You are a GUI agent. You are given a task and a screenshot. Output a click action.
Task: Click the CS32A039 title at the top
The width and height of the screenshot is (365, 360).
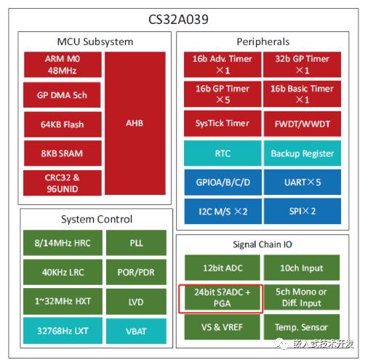[178, 20]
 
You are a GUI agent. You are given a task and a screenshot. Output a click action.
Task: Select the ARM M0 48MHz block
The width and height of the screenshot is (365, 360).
[63, 65]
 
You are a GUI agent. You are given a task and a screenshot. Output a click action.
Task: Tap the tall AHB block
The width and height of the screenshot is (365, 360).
[135, 123]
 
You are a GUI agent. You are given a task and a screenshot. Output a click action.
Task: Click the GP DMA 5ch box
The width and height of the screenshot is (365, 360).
[62, 95]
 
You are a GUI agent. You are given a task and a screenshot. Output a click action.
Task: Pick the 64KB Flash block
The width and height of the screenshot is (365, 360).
[63, 124]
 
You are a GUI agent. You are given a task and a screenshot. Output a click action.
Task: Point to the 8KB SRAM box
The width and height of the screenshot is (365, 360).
[63, 153]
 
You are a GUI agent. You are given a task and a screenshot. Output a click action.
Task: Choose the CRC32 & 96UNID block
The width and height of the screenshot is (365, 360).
[63, 183]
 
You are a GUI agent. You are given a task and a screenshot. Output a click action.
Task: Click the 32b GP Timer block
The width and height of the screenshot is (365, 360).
[302, 65]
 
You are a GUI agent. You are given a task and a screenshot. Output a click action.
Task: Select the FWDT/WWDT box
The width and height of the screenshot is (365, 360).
[302, 124]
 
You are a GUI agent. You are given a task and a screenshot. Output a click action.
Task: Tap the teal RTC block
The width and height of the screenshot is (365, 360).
[222, 153]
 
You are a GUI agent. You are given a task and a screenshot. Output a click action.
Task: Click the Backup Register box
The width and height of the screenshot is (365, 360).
[302, 153]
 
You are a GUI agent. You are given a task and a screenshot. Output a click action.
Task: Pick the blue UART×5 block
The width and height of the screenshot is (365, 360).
[302, 182]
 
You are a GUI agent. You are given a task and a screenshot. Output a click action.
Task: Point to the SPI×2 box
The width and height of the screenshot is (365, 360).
[302, 211]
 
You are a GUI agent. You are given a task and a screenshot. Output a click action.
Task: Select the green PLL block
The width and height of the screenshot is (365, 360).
[136, 243]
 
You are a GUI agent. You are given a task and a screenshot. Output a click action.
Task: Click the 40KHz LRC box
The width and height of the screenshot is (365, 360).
[63, 272]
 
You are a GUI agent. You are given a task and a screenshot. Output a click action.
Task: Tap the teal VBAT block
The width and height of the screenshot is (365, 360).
[136, 331]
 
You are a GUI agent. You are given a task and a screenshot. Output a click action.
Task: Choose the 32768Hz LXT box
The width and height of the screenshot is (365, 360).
[63, 331]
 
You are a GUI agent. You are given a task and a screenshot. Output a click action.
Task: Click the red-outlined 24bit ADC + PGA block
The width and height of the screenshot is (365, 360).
[221, 299]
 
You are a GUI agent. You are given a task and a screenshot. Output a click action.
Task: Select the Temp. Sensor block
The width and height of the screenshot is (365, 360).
[302, 327]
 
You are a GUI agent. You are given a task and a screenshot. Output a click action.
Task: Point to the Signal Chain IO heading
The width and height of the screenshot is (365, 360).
[262, 244]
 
